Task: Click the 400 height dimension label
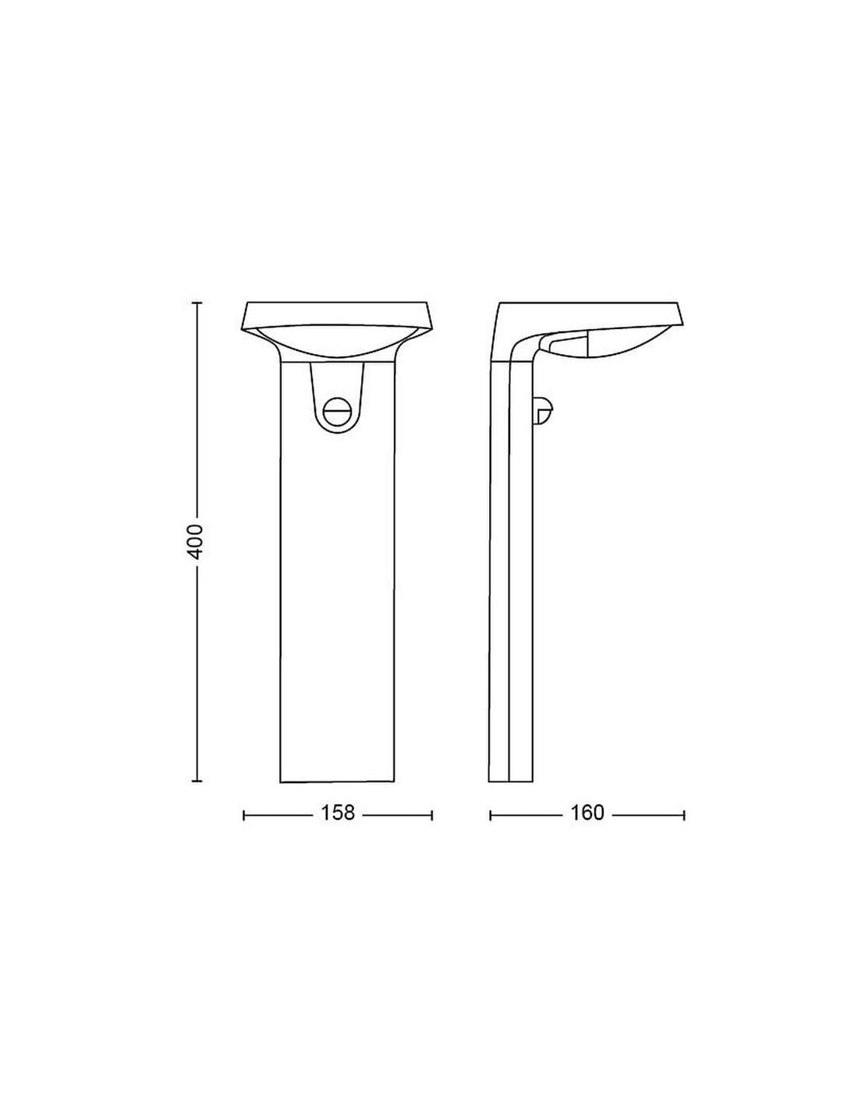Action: [x=196, y=541]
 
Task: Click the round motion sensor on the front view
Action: [x=336, y=409]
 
